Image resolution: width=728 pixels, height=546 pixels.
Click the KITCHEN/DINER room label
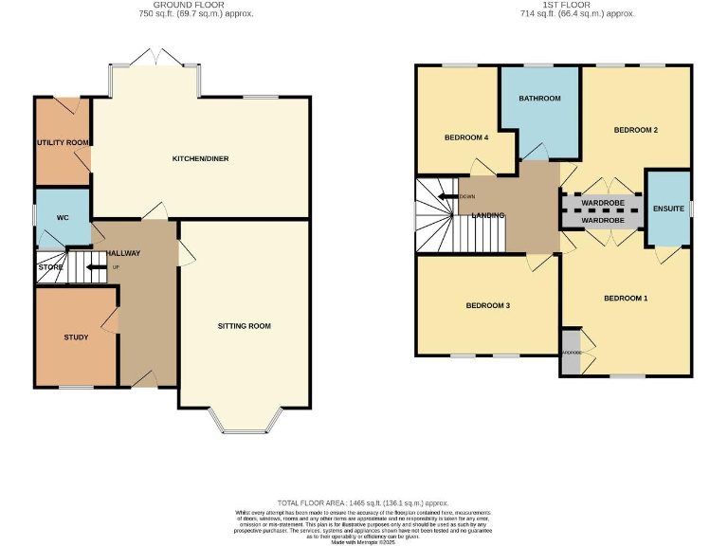click(x=200, y=158)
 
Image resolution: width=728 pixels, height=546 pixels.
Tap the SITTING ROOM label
click(x=245, y=326)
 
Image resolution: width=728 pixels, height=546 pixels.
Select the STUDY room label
click(x=76, y=337)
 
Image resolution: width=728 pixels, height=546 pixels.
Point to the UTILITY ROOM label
click(x=64, y=142)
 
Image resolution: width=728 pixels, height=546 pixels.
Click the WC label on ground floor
click(x=63, y=218)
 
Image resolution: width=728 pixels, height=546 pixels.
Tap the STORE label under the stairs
click(x=50, y=267)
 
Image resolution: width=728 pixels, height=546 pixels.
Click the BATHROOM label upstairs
click(x=539, y=99)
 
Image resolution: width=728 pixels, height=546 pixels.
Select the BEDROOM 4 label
click(x=465, y=137)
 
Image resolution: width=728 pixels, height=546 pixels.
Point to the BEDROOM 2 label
click(x=635, y=130)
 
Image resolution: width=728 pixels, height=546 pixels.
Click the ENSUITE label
click(x=668, y=209)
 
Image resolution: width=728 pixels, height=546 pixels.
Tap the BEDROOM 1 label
click(x=626, y=299)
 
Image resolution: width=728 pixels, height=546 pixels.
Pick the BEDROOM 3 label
click(x=488, y=305)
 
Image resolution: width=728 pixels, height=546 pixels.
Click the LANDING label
click(x=489, y=215)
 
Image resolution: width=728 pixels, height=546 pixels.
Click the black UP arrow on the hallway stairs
click(x=96, y=267)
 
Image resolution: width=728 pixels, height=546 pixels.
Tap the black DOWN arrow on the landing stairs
click(x=444, y=197)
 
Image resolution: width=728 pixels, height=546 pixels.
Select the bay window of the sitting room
click(x=245, y=420)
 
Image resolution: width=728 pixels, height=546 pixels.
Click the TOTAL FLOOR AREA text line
click(x=363, y=503)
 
